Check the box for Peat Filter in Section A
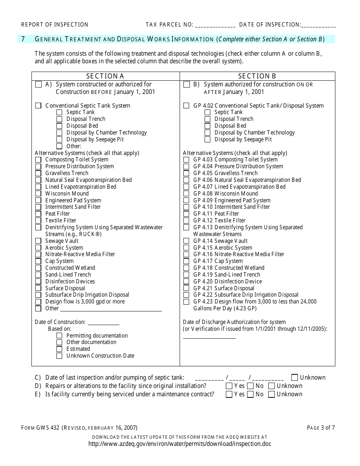click(38, 214)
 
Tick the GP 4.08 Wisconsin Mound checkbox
click(186, 194)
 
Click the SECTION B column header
click(257, 76)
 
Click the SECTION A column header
click(105, 76)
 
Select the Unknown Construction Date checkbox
click(59, 356)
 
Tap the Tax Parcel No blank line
click(215, 25)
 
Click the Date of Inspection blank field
click(318, 25)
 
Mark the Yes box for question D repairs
click(229, 386)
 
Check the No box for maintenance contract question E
click(250, 394)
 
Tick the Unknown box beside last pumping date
click(295, 377)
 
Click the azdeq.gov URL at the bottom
click(180, 444)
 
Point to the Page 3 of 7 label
click(321, 428)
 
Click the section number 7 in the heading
click(23, 39)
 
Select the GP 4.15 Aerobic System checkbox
click(186, 248)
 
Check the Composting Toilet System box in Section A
click(38, 160)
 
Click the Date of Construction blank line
click(103, 323)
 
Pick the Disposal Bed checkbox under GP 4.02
click(207, 126)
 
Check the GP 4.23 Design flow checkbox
click(186, 302)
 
